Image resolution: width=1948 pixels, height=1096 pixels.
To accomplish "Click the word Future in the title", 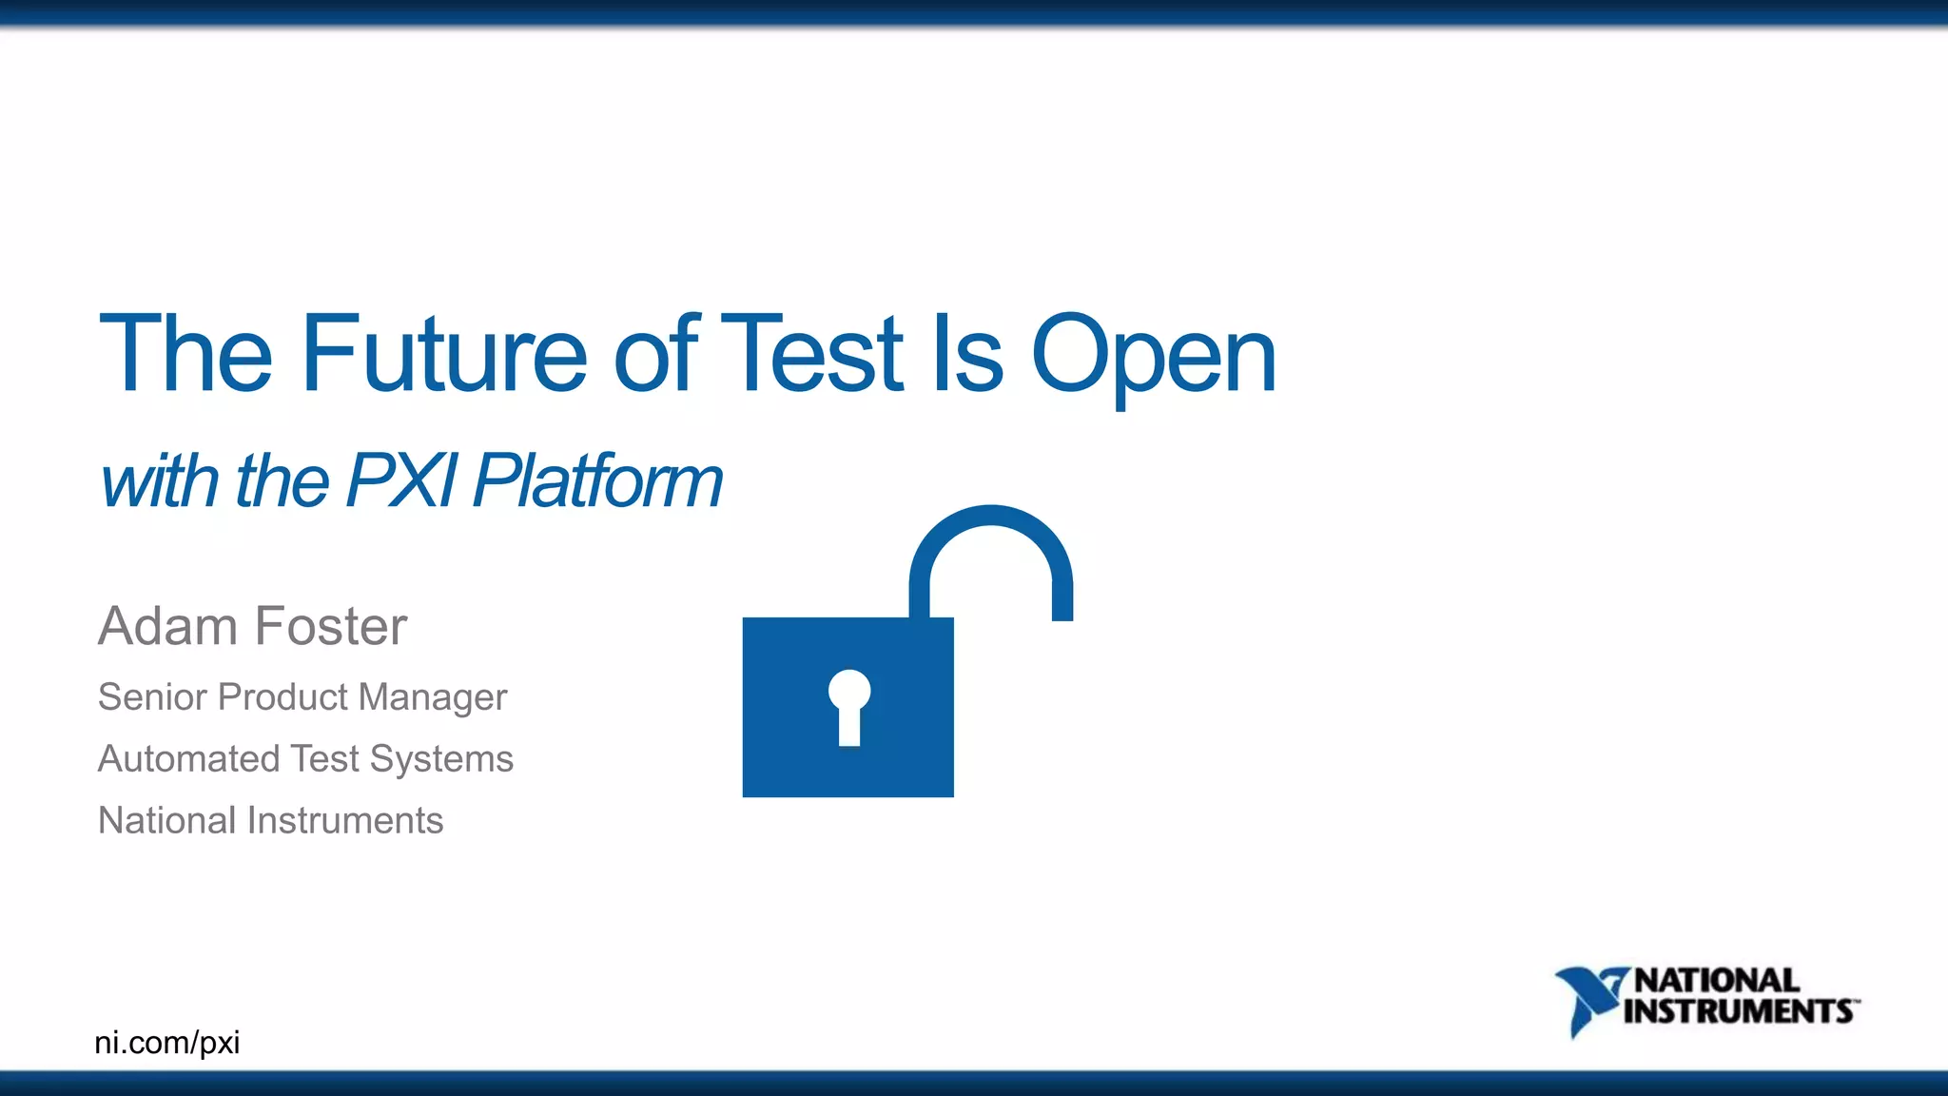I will (x=443, y=354).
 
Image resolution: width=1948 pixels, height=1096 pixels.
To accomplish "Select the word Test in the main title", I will (x=811, y=354).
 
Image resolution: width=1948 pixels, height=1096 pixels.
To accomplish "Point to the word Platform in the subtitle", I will (x=597, y=480).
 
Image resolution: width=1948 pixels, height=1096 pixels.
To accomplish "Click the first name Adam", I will (x=167, y=626).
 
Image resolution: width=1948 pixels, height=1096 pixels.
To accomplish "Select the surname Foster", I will (x=331, y=626).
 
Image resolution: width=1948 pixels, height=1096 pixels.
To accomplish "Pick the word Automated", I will (x=189, y=758).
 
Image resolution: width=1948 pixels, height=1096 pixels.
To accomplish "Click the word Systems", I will (x=441, y=758).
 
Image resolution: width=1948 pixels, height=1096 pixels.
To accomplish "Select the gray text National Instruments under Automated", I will (x=270, y=820).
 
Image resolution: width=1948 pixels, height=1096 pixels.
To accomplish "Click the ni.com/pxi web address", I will (x=167, y=1043).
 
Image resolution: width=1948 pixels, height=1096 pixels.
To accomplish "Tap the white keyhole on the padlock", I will (x=848, y=705).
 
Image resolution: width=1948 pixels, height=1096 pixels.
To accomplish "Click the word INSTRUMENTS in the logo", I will (x=1739, y=1011).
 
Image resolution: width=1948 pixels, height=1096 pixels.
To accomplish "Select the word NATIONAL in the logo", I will (x=1717, y=980).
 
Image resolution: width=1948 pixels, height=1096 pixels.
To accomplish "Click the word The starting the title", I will (x=185, y=354).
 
